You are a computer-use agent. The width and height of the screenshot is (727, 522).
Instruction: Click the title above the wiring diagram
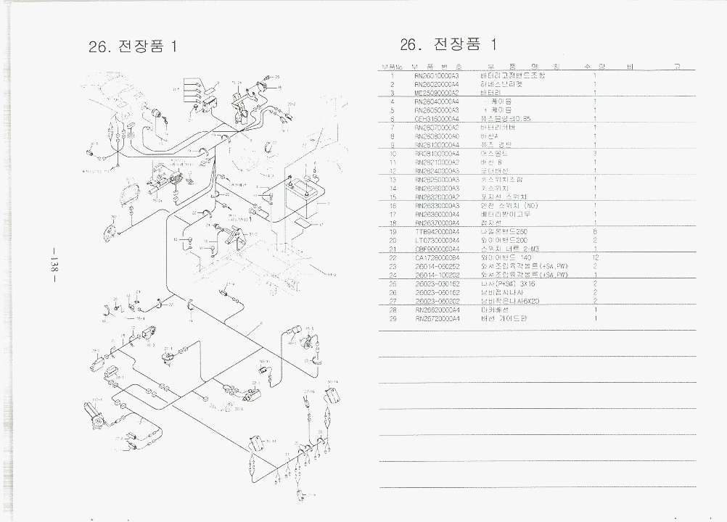tap(132, 46)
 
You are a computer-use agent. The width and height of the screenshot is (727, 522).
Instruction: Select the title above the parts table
tap(448, 44)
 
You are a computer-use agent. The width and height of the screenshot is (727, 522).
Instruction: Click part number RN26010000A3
tap(437, 75)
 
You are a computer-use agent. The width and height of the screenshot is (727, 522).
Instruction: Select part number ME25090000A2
tap(437, 93)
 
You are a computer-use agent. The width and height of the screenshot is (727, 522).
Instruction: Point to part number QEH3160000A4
tap(437, 119)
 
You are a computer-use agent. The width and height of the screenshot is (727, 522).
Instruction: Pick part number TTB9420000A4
tap(437, 231)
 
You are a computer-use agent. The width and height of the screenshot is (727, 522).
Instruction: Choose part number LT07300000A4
tap(437, 240)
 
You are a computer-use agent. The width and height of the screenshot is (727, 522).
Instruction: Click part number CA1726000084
tap(437, 257)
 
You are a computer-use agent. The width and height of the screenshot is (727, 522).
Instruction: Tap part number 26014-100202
tap(437, 275)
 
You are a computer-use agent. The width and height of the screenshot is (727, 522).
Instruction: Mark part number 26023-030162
tap(437, 283)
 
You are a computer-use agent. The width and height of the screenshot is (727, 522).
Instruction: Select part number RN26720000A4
tap(437, 318)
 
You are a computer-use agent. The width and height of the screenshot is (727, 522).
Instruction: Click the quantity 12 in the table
tap(595, 257)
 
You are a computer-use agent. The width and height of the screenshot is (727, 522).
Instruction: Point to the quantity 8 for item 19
tap(595, 231)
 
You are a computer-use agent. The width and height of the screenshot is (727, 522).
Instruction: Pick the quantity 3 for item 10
tap(595, 154)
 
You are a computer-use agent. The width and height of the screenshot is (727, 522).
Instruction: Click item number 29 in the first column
tap(392, 318)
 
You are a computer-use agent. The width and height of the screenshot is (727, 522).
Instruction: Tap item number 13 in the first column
tap(392, 179)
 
